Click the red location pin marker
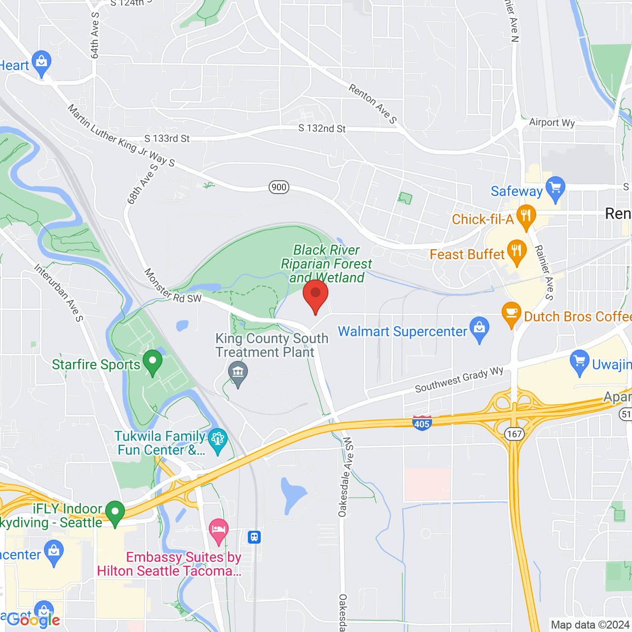tap(315, 295)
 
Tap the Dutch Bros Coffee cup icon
tap(512, 314)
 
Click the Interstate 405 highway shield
tap(422, 423)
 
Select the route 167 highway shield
tap(514, 434)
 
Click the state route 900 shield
tap(279, 187)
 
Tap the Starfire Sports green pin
tap(152, 362)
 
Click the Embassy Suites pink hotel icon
tap(218, 530)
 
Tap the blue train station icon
tap(254, 537)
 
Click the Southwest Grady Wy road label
tap(459, 380)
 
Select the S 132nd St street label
tap(322, 128)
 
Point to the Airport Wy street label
tap(552, 122)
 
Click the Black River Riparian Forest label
tap(326, 264)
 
